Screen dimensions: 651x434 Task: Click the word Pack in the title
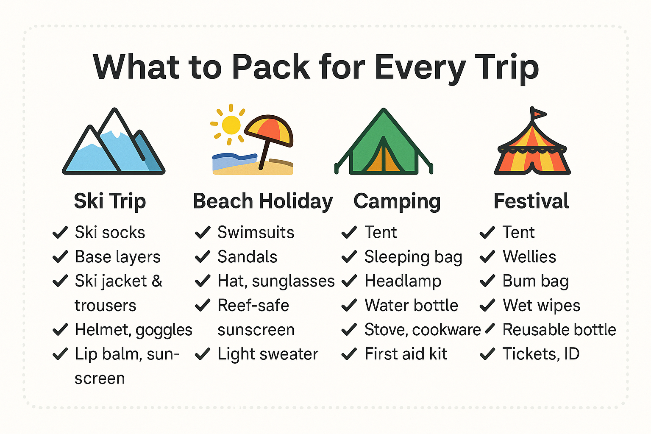pyautogui.click(x=271, y=67)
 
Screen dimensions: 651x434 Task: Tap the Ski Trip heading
pyautogui.click(x=110, y=201)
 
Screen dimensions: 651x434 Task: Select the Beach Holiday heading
pyautogui.click(x=263, y=201)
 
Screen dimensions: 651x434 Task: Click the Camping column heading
pyautogui.click(x=397, y=201)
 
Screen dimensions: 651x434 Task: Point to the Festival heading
pyautogui.click(x=531, y=201)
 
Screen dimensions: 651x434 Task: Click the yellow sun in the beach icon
pyautogui.click(x=231, y=125)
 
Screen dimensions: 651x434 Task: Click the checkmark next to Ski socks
pyautogui.click(x=60, y=233)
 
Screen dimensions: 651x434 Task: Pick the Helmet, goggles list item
pyautogui.click(x=134, y=330)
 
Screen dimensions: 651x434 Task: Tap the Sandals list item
pyautogui.click(x=248, y=257)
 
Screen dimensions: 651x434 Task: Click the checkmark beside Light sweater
pyautogui.click(x=203, y=354)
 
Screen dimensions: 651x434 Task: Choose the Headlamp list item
pyautogui.click(x=403, y=281)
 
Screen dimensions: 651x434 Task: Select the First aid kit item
pyautogui.click(x=406, y=354)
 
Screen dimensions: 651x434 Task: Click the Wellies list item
pyautogui.click(x=529, y=257)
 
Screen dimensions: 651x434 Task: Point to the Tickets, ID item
pyautogui.click(x=541, y=354)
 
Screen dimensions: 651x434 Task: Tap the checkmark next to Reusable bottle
pyautogui.click(x=490, y=328)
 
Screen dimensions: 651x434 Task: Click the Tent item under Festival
pyautogui.click(x=518, y=232)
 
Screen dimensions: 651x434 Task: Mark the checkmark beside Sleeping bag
pyautogui.click(x=349, y=257)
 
